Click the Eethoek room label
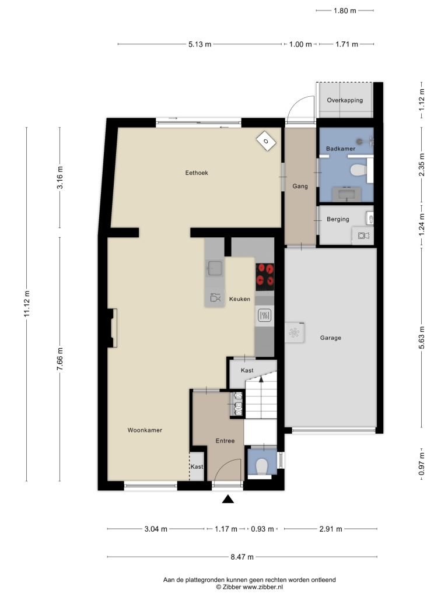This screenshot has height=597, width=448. [197, 173]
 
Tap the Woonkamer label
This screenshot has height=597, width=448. [145, 430]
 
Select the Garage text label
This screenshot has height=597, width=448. [331, 338]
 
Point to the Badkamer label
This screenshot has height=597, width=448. [341, 149]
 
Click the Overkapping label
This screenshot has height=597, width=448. [345, 100]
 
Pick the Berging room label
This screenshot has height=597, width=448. [338, 219]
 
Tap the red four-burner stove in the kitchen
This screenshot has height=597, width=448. [265, 275]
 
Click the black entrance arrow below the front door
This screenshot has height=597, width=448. [228, 499]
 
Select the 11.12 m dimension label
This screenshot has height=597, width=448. [27, 304]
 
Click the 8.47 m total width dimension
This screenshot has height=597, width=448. [242, 557]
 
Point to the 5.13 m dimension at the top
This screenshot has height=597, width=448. [199, 44]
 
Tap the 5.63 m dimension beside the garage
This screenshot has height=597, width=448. [422, 338]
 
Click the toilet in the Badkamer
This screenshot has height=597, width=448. [358, 170]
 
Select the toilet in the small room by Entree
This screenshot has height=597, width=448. [262, 466]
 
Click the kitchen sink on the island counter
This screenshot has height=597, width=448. [214, 268]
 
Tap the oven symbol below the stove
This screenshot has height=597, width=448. [264, 315]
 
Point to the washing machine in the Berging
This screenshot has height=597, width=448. [363, 236]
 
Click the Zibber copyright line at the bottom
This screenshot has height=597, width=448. [250, 587]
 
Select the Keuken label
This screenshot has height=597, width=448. [240, 299]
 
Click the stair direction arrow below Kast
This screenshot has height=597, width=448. [261, 379]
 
